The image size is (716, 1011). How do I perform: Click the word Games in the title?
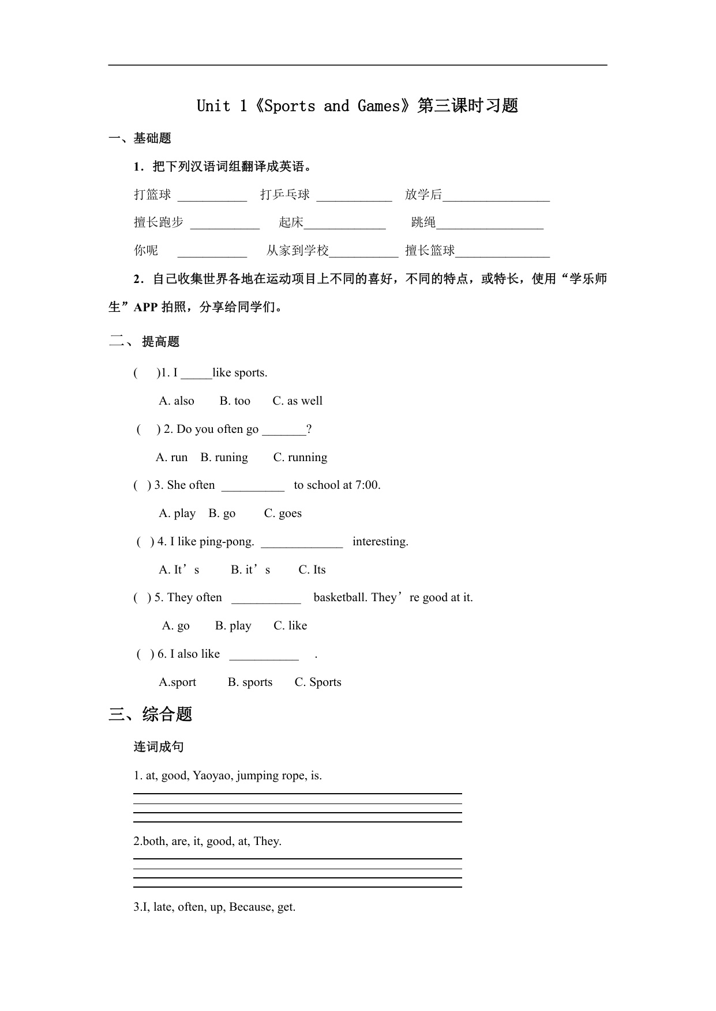(x=378, y=106)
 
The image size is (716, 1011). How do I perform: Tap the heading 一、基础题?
(x=140, y=138)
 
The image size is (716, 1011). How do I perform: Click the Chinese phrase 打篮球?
(x=152, y=195)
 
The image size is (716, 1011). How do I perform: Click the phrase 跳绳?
(x=423, y=222)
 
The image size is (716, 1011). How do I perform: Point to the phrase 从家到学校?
(x=297, y=251)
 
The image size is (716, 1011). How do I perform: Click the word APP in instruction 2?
(x=145, y=307)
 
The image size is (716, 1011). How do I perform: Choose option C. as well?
(x=297, y=401)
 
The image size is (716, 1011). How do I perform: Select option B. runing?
(x=224, y=458)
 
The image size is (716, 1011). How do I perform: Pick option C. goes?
(x=283, y=514)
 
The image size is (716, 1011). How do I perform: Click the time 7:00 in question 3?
(x=368, y=485)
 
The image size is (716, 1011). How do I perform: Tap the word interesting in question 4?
(x=380, y=542)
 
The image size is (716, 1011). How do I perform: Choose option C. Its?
(x=312, y=570)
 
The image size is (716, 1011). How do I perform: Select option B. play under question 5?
(x=233, y=626)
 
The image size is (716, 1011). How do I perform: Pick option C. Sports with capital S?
(x=318, y=682)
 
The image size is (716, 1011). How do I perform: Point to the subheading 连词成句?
(x=159, y=747)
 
